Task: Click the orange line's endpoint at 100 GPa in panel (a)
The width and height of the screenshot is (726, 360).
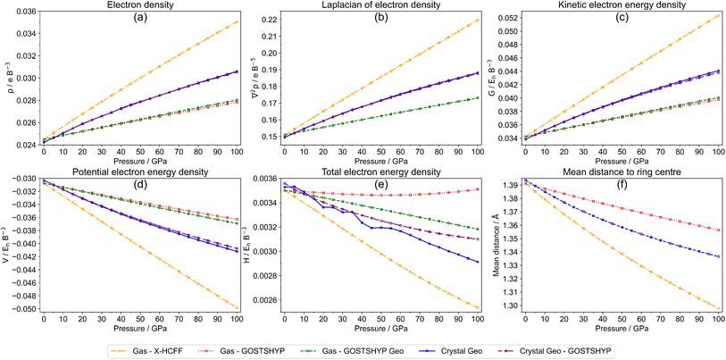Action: point(238,21)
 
